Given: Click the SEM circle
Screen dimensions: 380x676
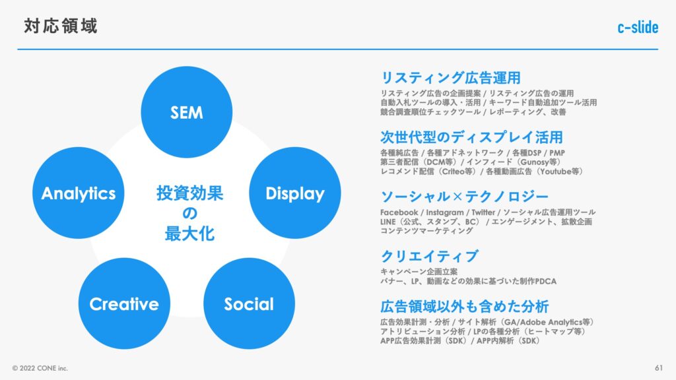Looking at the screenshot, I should coord(186,113).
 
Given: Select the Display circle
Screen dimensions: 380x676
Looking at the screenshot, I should coord(295,193).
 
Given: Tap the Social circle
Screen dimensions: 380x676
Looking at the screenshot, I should coord(249,304).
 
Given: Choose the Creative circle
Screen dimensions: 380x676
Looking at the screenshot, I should coord(124,304).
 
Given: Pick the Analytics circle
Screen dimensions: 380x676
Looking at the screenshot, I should coord(79,193).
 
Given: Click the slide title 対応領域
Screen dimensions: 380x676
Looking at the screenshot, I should coord(61,26).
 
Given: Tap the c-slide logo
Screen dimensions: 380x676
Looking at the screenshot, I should coord(638,28).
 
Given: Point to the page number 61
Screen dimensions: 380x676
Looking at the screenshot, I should coord(659,367).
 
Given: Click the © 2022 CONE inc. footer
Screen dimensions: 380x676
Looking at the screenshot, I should coord(40,368).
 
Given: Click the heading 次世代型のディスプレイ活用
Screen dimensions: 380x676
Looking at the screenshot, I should coord(471,137).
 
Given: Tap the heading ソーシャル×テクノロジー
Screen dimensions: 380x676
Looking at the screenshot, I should coord(464,197).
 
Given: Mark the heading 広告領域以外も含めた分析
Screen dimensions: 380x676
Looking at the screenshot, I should coord(465,307).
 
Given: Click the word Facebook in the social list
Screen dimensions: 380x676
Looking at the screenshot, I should coord(399,212).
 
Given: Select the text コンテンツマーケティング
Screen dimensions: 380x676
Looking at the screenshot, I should coord(426,231).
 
